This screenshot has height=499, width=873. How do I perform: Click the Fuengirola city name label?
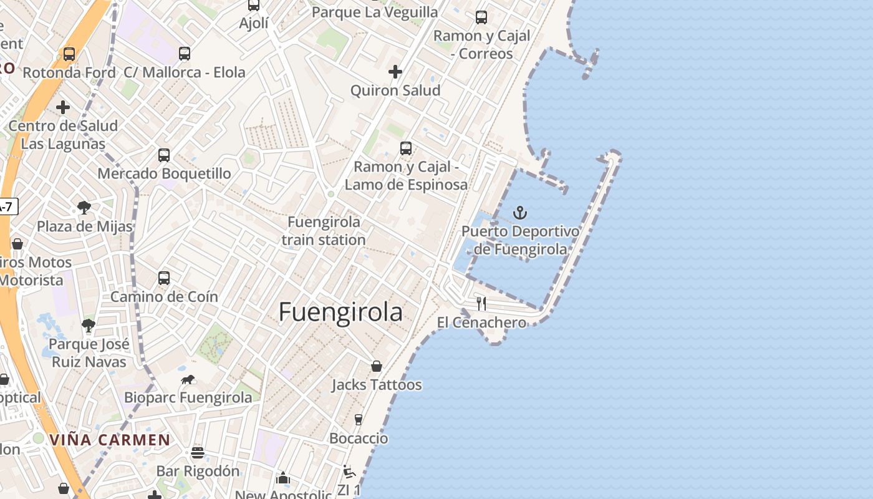click(x=340, y=312)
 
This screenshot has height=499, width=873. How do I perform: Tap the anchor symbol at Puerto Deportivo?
click(x=520, y=213)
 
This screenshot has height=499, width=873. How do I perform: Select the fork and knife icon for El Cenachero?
click(x=481, y=304)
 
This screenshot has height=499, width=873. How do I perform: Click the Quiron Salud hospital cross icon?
click(x=395, y=72)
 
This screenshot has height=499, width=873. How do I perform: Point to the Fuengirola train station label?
click(x=324, y=231)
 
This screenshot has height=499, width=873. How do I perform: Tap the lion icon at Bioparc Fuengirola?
click(x=188, y=379)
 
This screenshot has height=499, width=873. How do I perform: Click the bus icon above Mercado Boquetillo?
click(x=164, y=155)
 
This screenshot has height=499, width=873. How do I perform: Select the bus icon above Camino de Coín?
click(x=164, y=278)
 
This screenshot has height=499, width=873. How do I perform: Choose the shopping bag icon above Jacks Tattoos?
click(x=377, y=366)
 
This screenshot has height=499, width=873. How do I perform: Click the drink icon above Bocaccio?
click(x=359, y=420)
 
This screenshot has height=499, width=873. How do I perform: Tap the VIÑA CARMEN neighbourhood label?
click(x=110, y=440)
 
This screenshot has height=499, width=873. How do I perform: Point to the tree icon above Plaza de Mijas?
click(x=84, y=208)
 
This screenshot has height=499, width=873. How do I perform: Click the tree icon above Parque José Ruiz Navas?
click(x=89, y=325)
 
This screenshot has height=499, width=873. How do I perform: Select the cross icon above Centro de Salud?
click(x=63, y=107)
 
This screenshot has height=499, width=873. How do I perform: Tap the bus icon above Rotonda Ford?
click(x=69, y=54)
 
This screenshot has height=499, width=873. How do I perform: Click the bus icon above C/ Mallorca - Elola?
click(x=185, y=54)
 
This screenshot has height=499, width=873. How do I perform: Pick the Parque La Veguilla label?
click(x=375, y=12)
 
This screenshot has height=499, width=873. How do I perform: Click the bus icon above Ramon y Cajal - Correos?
click(x=481, y=17)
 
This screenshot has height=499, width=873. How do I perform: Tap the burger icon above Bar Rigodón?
click(x=198, y=452)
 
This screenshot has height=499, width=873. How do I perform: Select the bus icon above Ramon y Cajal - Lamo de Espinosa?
click(x=406, y=148)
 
